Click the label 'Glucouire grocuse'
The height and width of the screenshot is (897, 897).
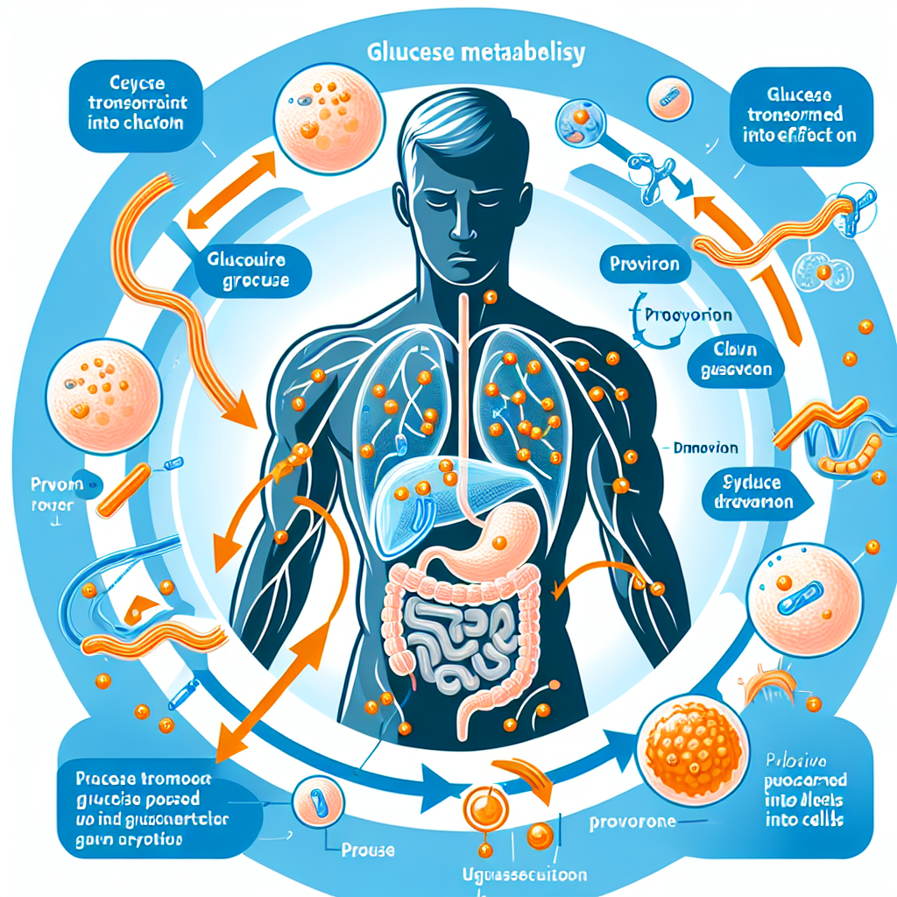click(248, 271)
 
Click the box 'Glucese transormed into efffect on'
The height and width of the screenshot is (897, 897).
click(796, 114)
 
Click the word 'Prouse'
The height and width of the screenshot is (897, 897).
click(366, 850)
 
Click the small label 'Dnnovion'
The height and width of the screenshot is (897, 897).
click(705, 448)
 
